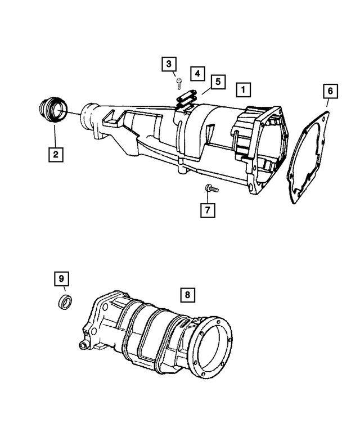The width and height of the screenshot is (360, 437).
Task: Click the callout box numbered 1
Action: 243,89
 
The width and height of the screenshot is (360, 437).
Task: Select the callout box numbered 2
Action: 55,153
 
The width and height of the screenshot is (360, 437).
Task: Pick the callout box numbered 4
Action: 196,73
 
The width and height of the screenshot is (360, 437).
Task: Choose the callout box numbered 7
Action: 208,210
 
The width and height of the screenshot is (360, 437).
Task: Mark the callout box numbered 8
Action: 188,295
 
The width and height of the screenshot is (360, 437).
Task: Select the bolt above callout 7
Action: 209,188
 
